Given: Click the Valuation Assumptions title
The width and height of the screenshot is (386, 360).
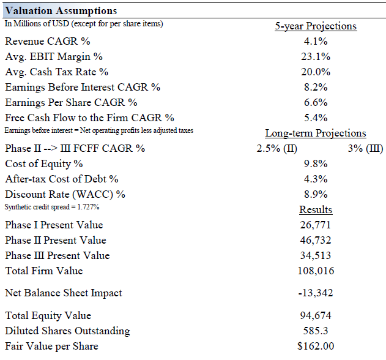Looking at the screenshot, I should click(61, 11).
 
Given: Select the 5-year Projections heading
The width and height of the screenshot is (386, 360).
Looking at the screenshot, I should click(316, 26).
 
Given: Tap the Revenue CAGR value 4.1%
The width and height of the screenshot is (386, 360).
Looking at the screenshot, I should click(316, 42).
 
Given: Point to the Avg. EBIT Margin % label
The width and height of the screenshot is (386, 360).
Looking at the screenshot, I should click(54, 57).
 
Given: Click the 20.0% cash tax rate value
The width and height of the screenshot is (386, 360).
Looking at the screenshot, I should click(316, 72).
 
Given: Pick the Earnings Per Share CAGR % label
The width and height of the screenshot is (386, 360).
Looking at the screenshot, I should click(71, 103).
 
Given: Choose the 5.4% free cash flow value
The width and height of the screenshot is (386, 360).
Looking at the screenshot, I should click(316, 118).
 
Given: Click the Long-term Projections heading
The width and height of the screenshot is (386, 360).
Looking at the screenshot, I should click(316, 133).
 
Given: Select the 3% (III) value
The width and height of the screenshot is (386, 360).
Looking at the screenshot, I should click(365, 149).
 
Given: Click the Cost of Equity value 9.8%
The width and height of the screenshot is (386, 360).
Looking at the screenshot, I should click(316, 164).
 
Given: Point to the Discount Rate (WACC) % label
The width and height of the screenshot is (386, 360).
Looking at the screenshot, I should click(65, 195).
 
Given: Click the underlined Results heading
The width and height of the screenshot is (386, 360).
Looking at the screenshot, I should click(316, 210).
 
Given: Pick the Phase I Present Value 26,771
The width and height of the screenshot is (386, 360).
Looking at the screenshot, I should click(316, 225).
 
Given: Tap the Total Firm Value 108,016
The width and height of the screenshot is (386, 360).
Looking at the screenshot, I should click(316, 271).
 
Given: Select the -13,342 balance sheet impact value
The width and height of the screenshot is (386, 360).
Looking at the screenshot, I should click(316, 293).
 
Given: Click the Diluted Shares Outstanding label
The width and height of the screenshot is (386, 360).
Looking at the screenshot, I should click(67, 331).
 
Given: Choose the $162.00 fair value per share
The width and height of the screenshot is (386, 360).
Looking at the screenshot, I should click(316, 347).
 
